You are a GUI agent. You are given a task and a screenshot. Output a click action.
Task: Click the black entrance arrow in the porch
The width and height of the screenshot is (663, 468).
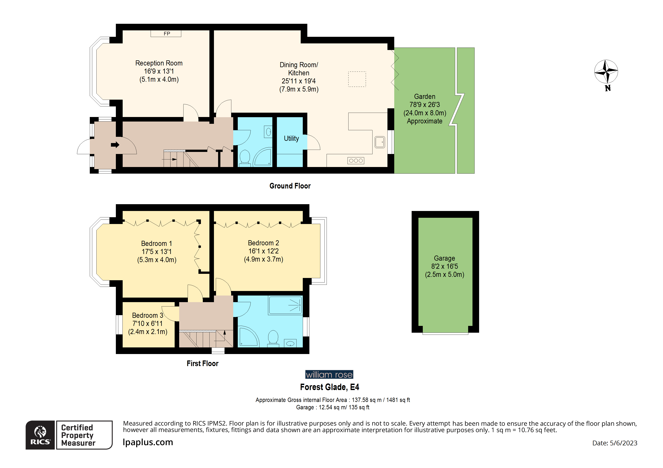coord(115,145)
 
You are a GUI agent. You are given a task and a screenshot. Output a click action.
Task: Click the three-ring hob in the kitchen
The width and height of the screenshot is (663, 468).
coord(356,161)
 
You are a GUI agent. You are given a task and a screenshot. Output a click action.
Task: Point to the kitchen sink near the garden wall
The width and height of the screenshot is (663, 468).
coord(380,142)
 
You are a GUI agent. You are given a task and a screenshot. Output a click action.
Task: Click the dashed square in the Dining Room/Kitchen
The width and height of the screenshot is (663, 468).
coord(357,79)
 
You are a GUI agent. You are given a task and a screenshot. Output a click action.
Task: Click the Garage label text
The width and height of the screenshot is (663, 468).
coord(444,258)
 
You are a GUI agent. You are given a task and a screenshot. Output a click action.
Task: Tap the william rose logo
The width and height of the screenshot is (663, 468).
coord(329,375)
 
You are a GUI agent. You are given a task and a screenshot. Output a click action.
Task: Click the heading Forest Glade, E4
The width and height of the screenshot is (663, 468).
coord(329,387)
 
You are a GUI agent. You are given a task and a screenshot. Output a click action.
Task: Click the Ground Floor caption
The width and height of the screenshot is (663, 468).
coord(290,186)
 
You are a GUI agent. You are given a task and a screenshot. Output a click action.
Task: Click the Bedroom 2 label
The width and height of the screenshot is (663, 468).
coord(263,243)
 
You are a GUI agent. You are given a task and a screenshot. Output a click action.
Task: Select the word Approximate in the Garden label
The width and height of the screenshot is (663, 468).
coord(424,121)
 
